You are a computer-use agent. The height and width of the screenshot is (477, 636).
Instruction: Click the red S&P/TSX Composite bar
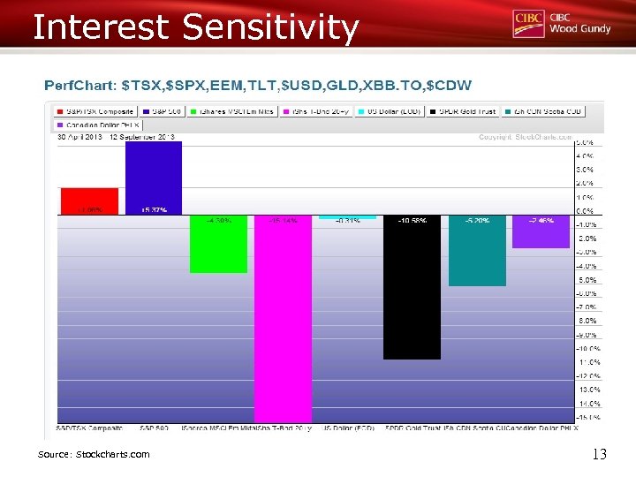pos(88,201)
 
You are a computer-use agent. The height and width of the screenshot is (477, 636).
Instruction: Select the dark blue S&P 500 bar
pos(154,177)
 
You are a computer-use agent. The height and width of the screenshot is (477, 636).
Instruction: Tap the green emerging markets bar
pos(218,244)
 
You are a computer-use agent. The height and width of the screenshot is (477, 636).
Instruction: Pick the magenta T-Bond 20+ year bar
pos(283,318)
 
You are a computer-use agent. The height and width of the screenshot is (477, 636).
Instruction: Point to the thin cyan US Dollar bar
pos(347,216)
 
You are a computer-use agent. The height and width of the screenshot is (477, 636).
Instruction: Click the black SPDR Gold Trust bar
pos(412,287)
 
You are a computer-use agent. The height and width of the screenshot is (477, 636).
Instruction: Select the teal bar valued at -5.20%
pos(477,251)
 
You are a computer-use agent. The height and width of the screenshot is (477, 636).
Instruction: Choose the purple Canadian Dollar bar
pos(541,231)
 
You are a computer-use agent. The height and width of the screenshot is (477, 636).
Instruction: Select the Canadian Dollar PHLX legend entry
pos(92,125)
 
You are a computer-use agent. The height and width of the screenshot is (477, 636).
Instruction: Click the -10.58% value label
pos(412,221)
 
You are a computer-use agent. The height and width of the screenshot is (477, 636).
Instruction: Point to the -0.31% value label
pos(347,221)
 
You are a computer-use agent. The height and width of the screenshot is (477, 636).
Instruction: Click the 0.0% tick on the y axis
pos(584,211)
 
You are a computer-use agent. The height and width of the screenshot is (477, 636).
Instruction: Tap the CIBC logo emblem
pos(528,23)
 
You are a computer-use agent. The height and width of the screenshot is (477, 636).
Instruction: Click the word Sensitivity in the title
pos(270,27)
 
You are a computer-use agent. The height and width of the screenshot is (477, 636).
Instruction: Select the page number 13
pos(599,454)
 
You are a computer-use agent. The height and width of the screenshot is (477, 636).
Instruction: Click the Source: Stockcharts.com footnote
pos(94,454)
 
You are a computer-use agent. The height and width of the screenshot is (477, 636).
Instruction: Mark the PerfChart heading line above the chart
pos(258,86)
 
